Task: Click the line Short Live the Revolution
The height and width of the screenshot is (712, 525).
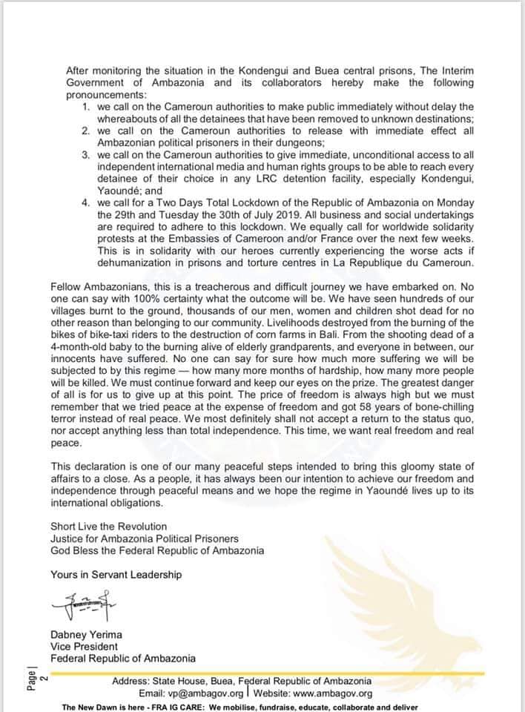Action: click(x=108, y=526)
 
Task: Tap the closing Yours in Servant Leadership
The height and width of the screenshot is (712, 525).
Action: click(x=116, y=574)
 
